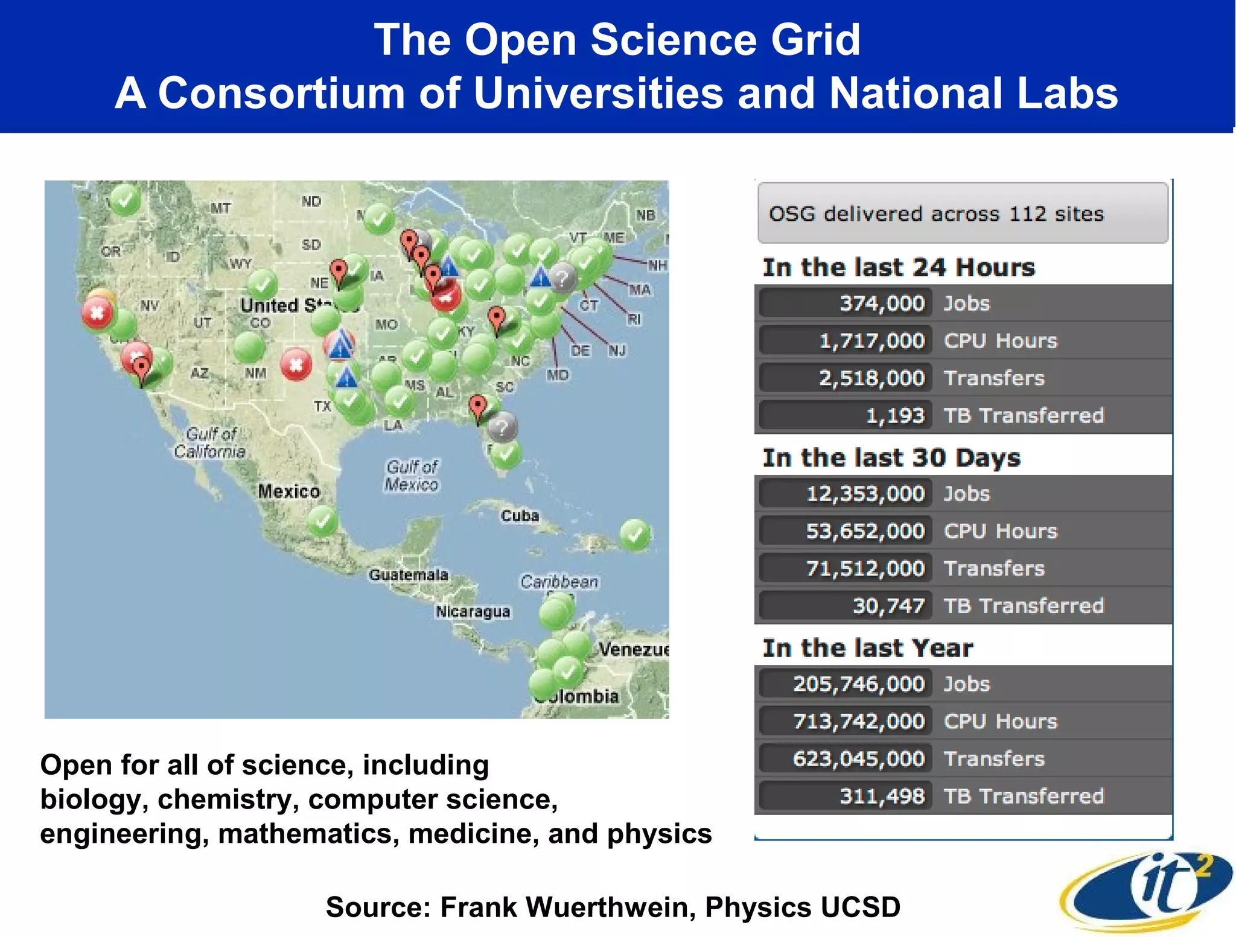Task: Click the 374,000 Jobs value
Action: tap(881, 303)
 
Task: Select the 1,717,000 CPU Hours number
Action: tap(871, 341)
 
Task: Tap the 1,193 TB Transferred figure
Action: tap(894, 416)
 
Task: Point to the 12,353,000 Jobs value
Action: tap(865, 494)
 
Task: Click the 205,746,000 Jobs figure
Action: tap(858, 684)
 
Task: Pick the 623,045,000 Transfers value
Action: tap(858, 759)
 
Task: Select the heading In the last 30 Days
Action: tap(891, 458)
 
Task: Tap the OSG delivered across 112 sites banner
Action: tap(962, 214)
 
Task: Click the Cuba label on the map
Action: tap(520, 516)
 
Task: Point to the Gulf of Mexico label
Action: tap(412, 475)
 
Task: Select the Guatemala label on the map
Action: tap(409, 575)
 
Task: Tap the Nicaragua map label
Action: tap(473, 612)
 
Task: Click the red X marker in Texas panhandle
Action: tap(296, 364)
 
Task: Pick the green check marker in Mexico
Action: tap(322, 521)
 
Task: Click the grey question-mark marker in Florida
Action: tap(502, 428)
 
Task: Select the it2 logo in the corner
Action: tap(1147, 890)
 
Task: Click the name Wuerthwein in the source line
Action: tap(612, 907)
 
